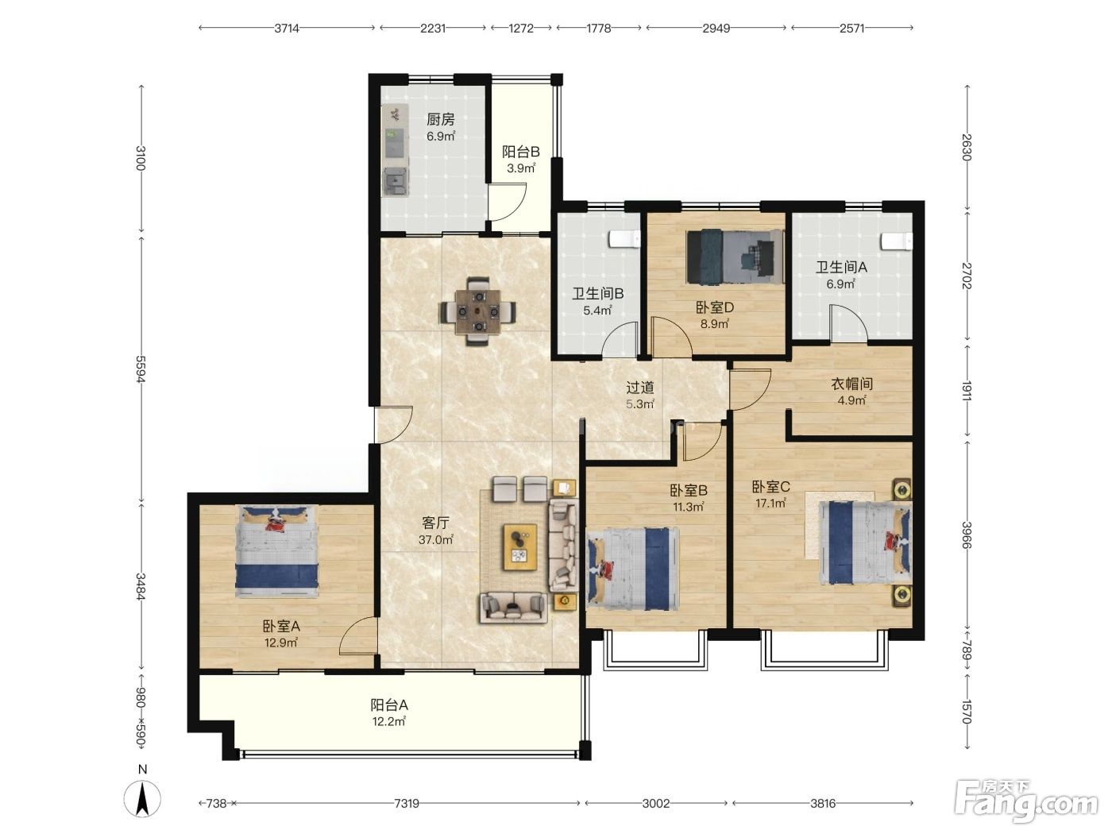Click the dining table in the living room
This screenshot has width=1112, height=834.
pyautogui.click(x=477, y=311)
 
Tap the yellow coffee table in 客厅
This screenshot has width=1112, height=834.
pyautogui.click(x=519, y=547)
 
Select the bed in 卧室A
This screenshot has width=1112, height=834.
pyautogui.click(x=277, y=551)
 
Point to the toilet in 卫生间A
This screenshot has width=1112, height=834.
pyautogui.click(x=896, y=241)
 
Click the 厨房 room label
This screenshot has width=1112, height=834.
pyautogui.click(x=440, y=119)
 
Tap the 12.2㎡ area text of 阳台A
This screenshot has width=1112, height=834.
pyautogui.click(x=388, y=721)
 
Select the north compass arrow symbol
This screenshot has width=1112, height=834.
pyautogui.click(x=142, y=799)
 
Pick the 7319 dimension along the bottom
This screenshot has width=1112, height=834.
pyautogui.click(x=407, y=803)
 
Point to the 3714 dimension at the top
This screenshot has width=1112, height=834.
pyautogui.click(x=287, y=29)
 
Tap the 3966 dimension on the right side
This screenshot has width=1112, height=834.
pyautogui.click(x=966, y=535)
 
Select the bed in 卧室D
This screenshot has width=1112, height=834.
pyautogui.click(x=734, y=257)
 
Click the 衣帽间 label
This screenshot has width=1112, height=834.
pyautogui.click(x=851, y=384)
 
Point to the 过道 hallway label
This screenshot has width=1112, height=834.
pyautogui.click(x=640, y=388)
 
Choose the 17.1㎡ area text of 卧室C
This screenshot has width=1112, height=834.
pyautogui.click(x=770, y=504)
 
